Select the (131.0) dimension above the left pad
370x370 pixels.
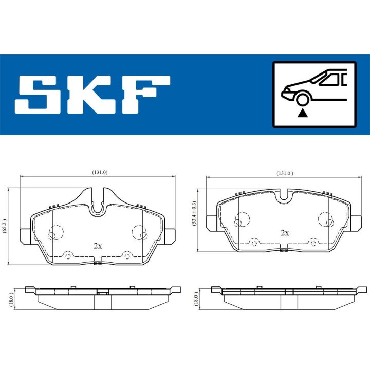click(x=99, y=172)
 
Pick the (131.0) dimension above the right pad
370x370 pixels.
click(x=284, y=173)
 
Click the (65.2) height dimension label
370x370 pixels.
click(x=5, y=226)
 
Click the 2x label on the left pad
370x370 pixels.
click(x=98, y=246)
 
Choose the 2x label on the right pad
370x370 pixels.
click(x=284, y=232)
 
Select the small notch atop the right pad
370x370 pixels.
click(x=284, y=196)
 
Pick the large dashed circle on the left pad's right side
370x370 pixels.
click(x=139, y=232)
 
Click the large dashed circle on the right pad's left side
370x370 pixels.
click(x=239, y=220)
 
